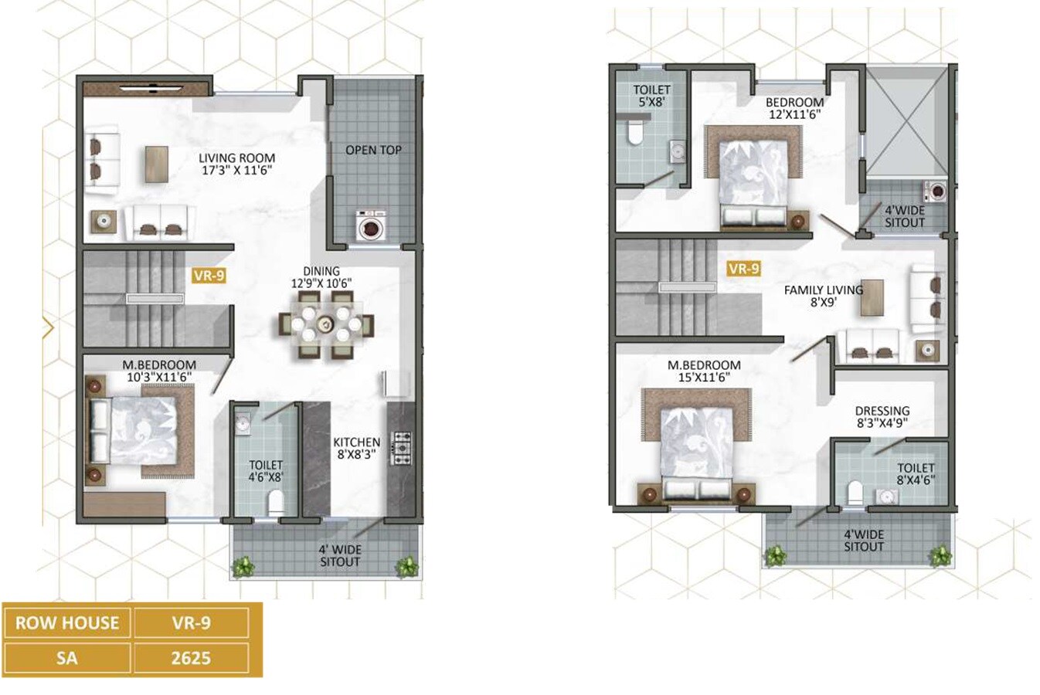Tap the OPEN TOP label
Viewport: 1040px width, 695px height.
(373, 150)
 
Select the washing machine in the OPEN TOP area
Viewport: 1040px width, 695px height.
(372, 228)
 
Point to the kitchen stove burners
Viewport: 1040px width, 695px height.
(403, 449)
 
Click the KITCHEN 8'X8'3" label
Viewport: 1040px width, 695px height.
(356, 449)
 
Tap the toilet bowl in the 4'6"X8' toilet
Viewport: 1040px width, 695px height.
(275, 503)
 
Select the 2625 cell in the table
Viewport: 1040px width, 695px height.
(191, 658)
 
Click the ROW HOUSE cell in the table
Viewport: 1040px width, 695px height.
(67, 622)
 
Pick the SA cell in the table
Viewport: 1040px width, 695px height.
(67, 658)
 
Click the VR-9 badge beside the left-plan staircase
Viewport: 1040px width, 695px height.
(209, 275)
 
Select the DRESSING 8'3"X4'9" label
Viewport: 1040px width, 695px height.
(882, 417)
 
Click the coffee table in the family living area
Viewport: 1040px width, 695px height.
(872, 297)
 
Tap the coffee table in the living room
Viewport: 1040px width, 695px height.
(156, 164)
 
